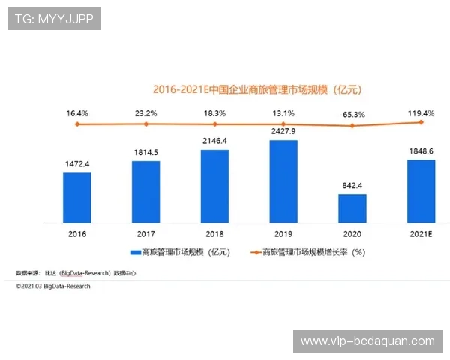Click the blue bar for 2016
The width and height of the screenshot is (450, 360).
pyautogui.click(x=77, y=197)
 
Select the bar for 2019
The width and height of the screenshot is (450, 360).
pyautogui.click(x=283, y=181)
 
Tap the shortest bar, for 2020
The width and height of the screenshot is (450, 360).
pyautogui.click(x=352, y=208)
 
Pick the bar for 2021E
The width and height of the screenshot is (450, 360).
pyautogui.click(x=421, y=191)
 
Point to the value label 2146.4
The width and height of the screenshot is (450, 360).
pyautogui.click(x=214, y=141)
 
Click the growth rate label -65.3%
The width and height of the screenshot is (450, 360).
pyautogui.click(x=352, y=114)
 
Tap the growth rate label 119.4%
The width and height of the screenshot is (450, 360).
pyautogui.click(x=421, y=112)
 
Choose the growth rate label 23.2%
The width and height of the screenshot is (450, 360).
pyautogui.click(x=145, y=113)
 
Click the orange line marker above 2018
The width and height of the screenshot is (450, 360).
pyautogui.click(x=214, y=124)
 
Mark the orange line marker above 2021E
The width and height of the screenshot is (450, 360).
pyautogui.click(x=421, y=121)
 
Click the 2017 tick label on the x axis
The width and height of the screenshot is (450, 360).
pyautogui.click(x=145, y=233)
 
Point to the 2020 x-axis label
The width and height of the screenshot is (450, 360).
pyautogui.click(x=352, y=233)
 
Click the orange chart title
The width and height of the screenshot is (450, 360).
pyautogui.click(x=257, y=89)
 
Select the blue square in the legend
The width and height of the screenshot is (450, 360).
pyautogui.click(x=135, y=253)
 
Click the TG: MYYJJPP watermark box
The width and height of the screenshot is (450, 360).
pyautogui.click(x=54, y=19)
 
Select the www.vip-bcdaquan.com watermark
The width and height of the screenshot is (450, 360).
pyautogui.click(x=367, y=341)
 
